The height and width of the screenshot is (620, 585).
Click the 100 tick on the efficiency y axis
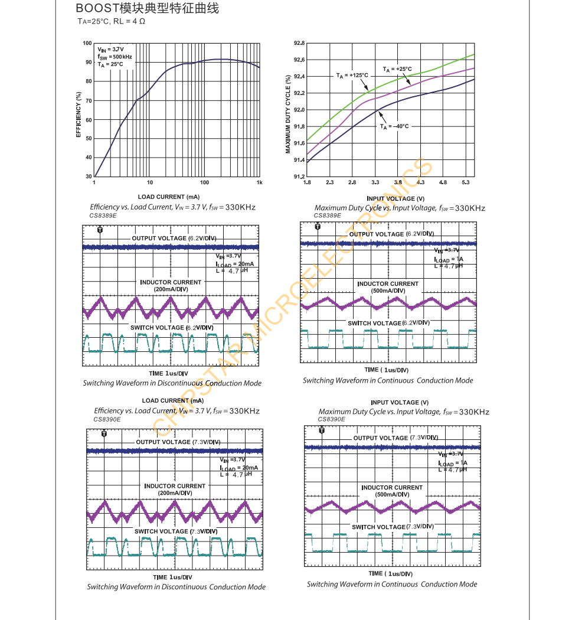click(87, 44)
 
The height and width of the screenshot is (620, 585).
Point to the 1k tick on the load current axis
click(259, 182)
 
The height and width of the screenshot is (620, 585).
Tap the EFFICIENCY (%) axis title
click(78, 115)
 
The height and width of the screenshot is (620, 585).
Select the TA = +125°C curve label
click(352, 76)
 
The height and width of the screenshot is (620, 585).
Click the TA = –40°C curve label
click(394, 126)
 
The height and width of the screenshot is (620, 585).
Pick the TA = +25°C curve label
click(397, 69)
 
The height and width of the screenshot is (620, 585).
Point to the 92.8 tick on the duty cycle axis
click(299, 44)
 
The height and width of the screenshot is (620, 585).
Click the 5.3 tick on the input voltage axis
click(466, 182)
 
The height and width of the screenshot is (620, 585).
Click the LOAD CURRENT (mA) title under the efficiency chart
click(169, 197)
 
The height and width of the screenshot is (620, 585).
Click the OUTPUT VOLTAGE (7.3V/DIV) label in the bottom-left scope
click(178, 442)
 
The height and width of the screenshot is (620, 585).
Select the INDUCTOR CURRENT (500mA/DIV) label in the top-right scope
click(388, 287)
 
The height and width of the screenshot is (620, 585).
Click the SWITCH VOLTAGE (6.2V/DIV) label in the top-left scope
click(172, 328)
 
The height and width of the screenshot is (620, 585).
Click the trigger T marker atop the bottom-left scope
click(104, 433)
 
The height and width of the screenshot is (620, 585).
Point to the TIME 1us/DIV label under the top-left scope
click(168, 374)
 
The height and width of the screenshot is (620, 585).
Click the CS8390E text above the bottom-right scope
click(331, 419)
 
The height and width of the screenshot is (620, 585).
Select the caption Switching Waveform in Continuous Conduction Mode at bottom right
click(391, 585)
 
